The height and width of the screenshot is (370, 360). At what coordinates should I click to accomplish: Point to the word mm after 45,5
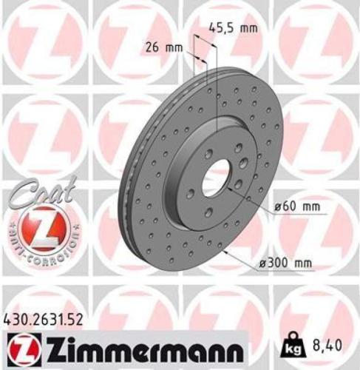(x=248, y=29)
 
